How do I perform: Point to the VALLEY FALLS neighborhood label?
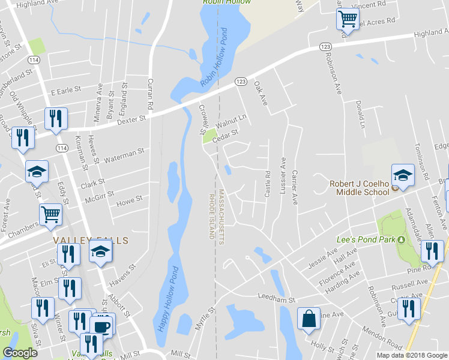point(90,240)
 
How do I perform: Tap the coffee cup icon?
point(101,326)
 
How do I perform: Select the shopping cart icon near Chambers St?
point(50,213)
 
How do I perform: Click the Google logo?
point(20,353)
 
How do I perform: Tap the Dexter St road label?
point(130,119)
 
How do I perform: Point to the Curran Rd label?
point(151,92)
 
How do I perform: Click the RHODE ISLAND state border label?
point(211,217)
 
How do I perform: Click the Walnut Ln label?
point(232,121)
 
